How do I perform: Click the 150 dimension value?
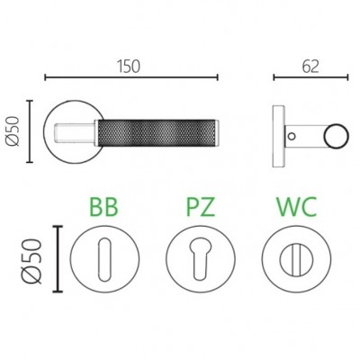tap(129, 67)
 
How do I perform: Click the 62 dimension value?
tap(310, 67)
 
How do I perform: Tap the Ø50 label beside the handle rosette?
tap(13, 131)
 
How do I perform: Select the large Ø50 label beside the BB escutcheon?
tap(32, 261)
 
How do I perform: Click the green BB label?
tap(103, 207)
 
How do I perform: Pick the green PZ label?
tap(201, 207)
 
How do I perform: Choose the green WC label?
tap(296, 207)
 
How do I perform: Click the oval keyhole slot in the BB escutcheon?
tap(104, 259)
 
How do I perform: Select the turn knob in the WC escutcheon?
tap(296, 259)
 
